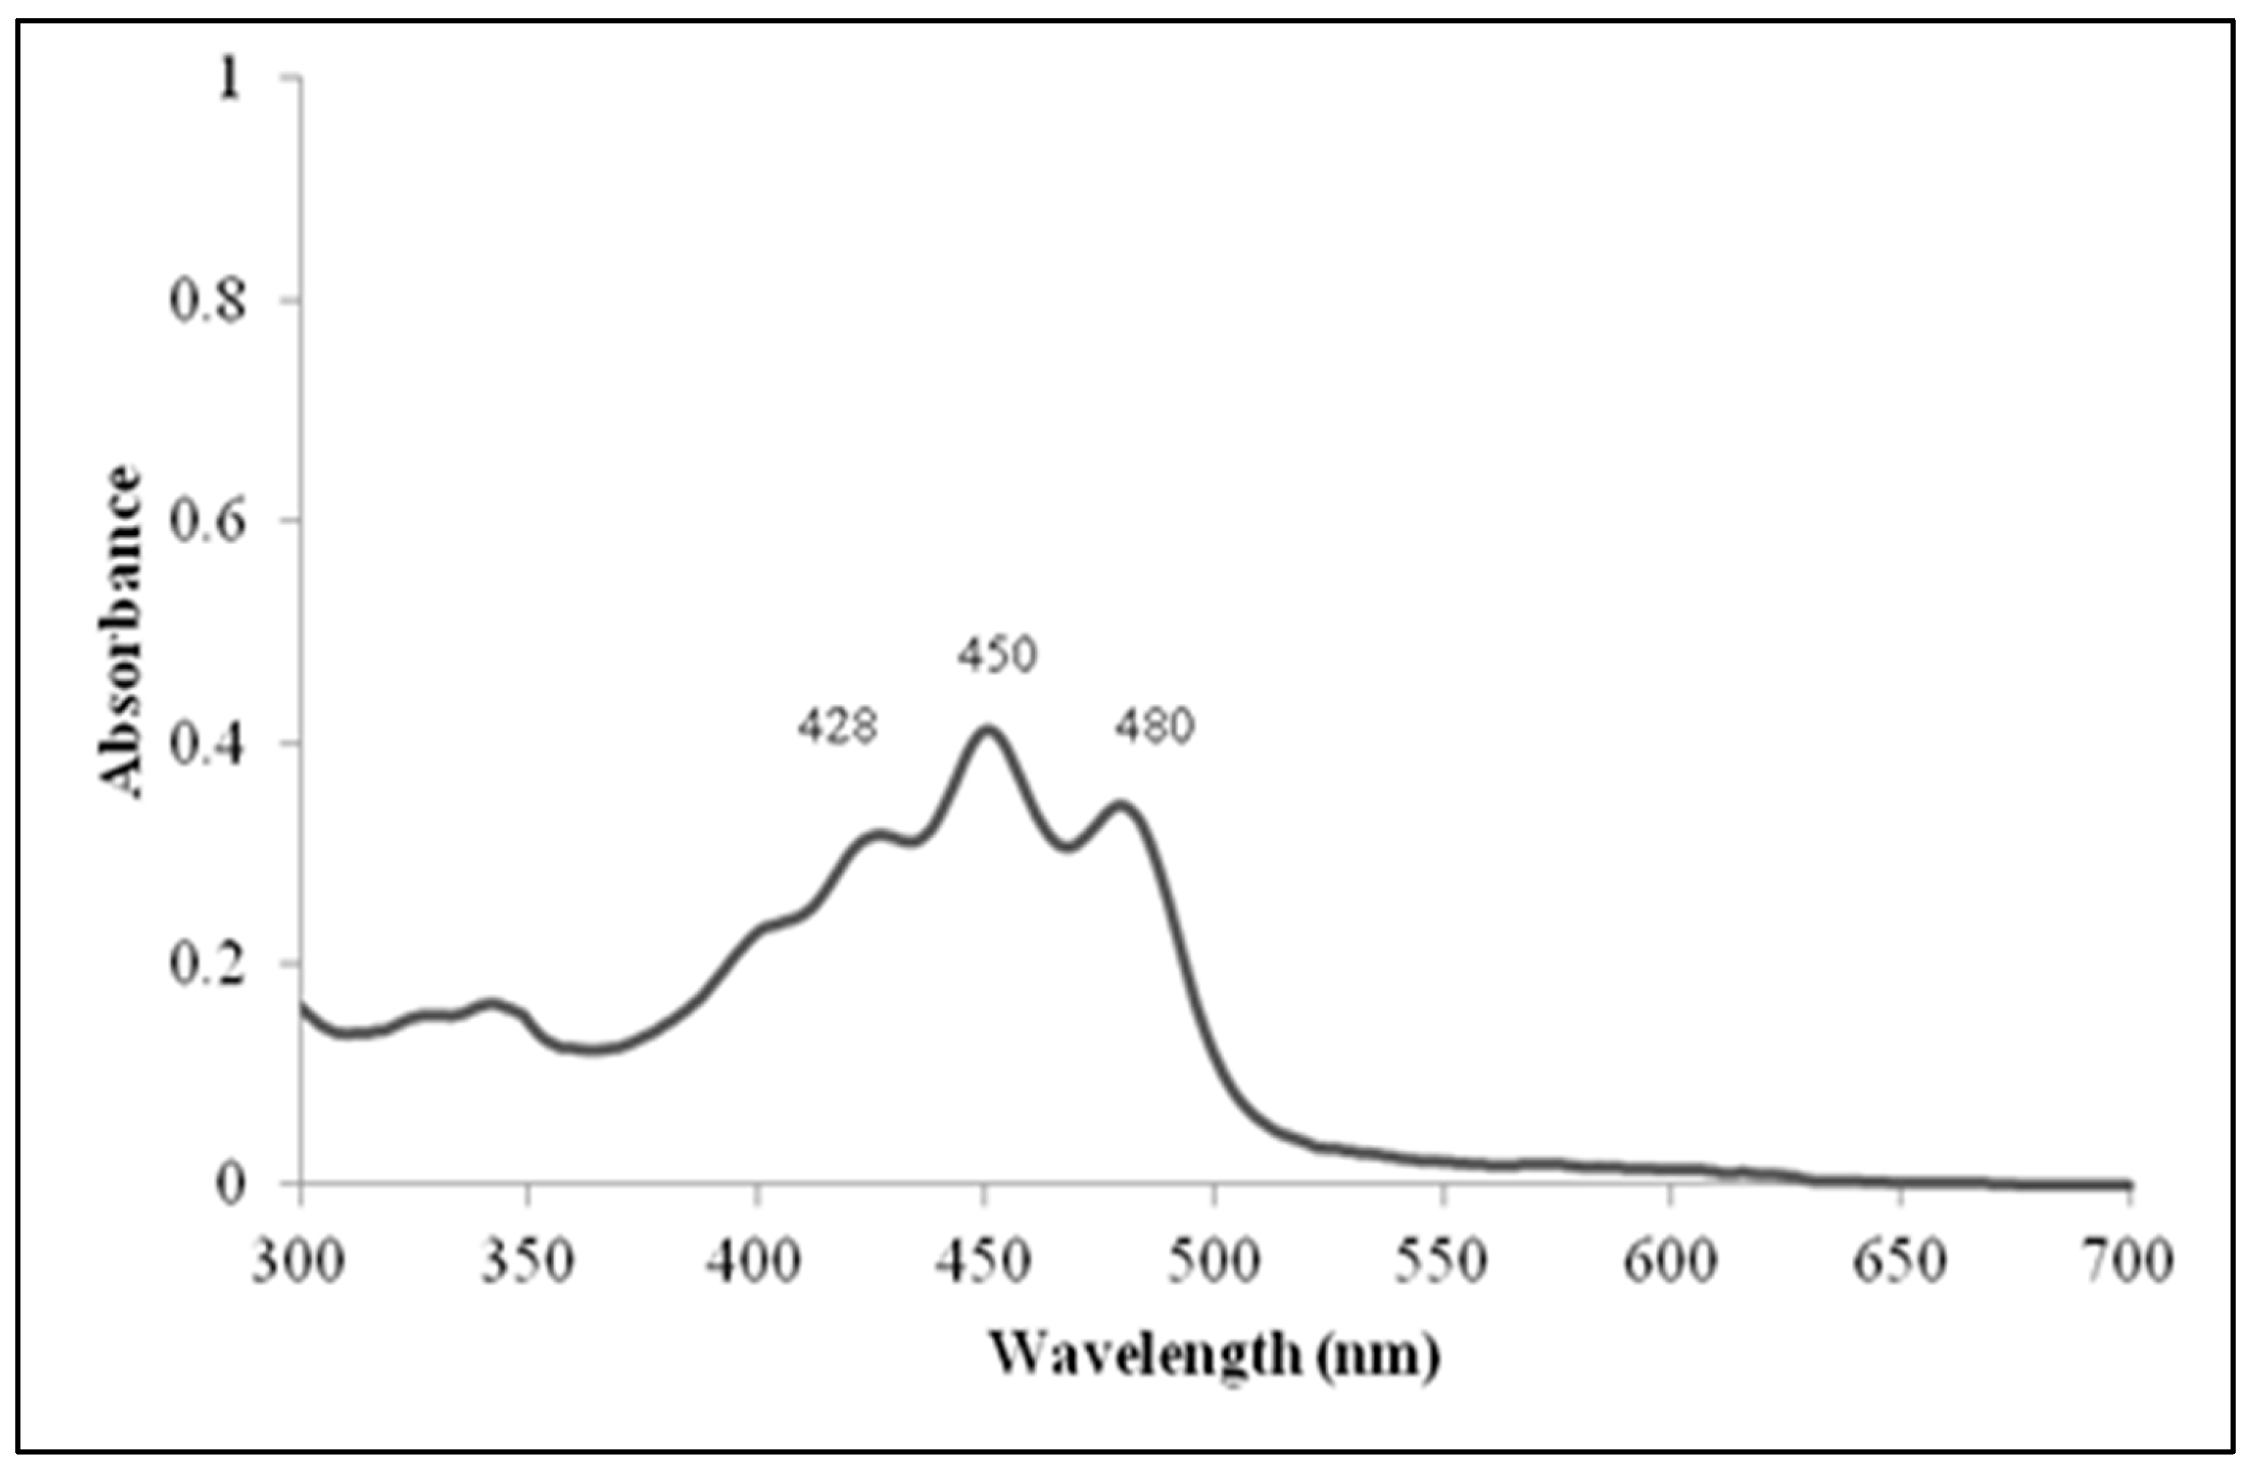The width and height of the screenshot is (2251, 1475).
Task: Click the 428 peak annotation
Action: pyautogui.click(x=838, y=728)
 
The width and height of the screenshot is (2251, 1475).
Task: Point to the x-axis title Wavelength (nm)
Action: pyautogui.click(x=1214, y=1356)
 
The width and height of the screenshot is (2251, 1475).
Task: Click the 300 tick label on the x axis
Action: pyautogui.click(x=298, y=1261)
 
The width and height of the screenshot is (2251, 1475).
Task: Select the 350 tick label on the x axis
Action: pyautogui.click(x=527, y=1261)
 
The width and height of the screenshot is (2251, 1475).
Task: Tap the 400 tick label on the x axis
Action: pyautogui.click(x=754, y=1261)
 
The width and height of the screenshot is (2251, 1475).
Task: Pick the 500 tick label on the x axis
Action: pyautogui.click(x=1214, y=1261)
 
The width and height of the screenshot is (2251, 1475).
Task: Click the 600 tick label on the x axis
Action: pyautogui.click(x=1671, y=1261)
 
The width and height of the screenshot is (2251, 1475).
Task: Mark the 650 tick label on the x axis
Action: pyautogui.click(x=1899, y=1261)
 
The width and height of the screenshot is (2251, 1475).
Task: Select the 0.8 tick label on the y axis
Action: pyautogui.click(x=208, y=301)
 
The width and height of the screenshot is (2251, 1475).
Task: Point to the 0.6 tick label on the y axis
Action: pyautogui.click(x=208, y=521)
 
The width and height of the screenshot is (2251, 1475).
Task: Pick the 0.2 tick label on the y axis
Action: pyautogui.click(x=208, y=963)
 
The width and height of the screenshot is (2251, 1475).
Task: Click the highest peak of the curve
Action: pyautogui.click(x=986, y=730)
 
